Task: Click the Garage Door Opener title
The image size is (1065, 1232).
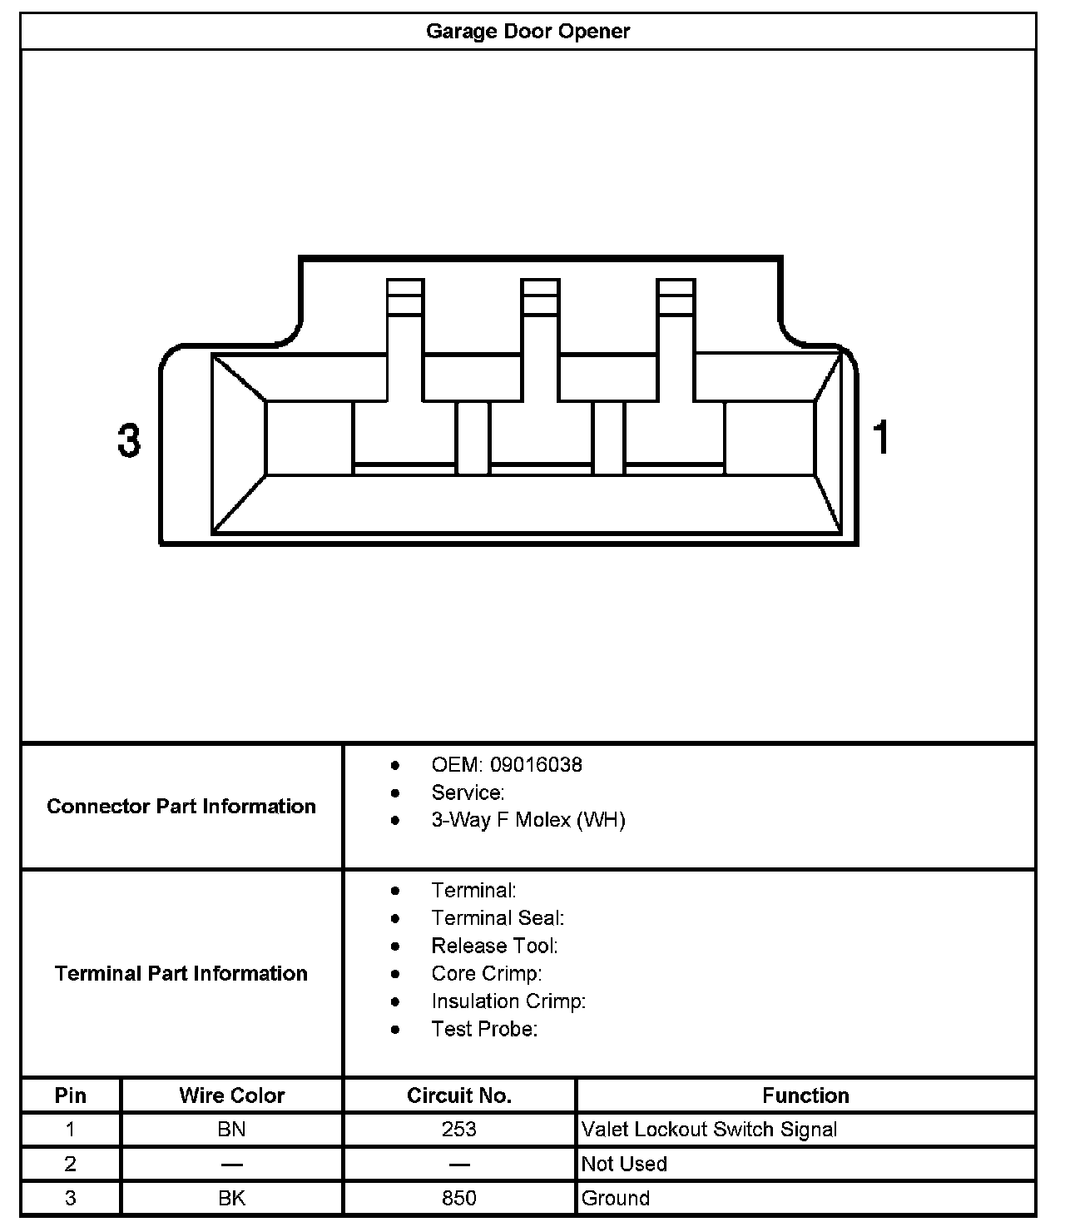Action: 528,32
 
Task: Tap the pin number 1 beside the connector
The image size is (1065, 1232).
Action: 881,438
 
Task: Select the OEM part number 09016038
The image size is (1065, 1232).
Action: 536,764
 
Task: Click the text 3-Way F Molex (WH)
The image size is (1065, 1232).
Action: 528,820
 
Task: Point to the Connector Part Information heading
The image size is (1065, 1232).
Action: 181,806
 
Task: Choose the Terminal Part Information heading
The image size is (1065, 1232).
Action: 181,973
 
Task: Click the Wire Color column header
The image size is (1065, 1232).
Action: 231,1095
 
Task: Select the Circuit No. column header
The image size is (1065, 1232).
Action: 458,1095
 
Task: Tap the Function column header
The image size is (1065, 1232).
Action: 805,1095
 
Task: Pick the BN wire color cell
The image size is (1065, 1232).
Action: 231,1130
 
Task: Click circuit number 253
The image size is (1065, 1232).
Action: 458,1130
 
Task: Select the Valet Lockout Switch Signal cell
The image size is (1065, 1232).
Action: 709,1130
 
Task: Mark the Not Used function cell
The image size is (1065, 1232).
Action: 624,1164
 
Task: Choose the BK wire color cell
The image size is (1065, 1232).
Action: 231,1198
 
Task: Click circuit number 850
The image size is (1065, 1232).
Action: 458,1198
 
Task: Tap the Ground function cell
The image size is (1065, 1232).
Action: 616,1198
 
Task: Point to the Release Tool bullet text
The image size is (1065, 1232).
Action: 494,946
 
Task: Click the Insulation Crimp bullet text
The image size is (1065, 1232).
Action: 508,1001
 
